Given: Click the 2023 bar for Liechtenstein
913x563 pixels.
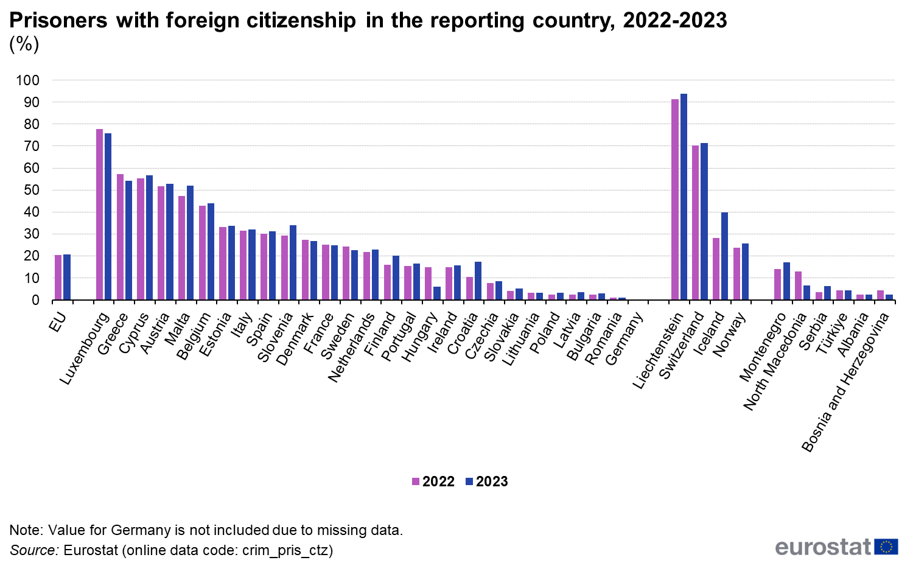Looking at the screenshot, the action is (x=684, y=197).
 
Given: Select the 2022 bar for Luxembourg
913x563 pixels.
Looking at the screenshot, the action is (x=99, y=214).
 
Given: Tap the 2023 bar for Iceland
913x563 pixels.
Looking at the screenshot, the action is (x=725, y=256).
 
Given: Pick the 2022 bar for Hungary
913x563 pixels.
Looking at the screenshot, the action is (x=428, y=284).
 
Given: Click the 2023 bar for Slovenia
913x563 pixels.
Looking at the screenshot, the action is (x=293, y=262).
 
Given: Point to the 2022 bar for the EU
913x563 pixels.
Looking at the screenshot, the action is (x=58, y=278).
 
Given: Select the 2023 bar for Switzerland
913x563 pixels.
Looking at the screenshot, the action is (x=704, y=222).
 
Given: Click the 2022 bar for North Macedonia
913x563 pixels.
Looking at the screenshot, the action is (x=798, y=286).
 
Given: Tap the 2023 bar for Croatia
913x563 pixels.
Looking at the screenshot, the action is (x=478, y=281).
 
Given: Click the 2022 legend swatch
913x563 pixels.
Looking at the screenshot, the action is (x=416, y=481).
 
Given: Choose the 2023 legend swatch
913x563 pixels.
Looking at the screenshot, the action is (x=469, y=481).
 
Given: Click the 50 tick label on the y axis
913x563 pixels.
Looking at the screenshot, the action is (x=32, y=191).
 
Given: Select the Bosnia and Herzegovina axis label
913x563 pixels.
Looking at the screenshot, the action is (x=845, y=383).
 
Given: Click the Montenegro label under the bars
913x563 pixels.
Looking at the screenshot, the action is (x=763, y=347).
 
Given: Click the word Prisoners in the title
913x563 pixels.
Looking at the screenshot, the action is (x=58, y=20).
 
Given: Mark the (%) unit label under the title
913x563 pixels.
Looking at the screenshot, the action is (x=24, y=44).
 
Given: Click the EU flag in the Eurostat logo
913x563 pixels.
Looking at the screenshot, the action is (x=886, y=547).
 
